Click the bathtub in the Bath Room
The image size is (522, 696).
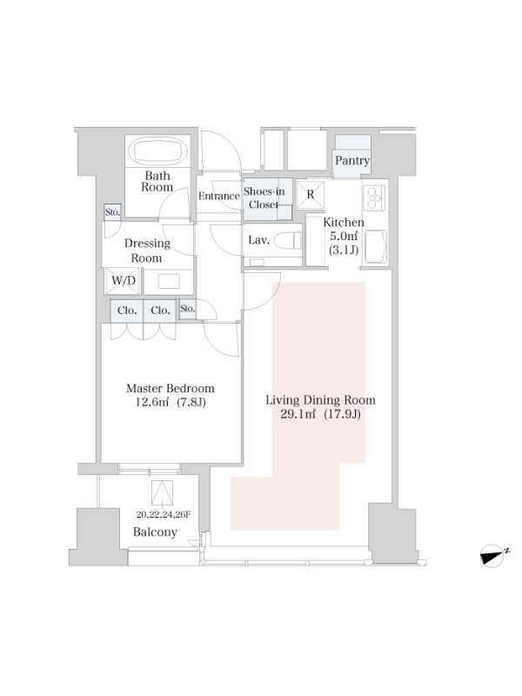click(x=157, y=151)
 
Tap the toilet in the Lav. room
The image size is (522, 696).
click(x=287, y=241)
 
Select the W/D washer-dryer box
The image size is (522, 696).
click(x=123, y=280)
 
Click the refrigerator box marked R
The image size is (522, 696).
click(x=311, y=194)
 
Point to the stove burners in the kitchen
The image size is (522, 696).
click(x=374, y=197)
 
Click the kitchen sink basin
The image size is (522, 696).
click(x=375, y=246)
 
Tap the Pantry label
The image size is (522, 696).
click(x=352, y=160)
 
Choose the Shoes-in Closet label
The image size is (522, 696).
click(x=264, y=198)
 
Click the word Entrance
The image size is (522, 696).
click(x=219, y=196)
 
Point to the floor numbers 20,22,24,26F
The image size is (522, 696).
click(x=164, y=515)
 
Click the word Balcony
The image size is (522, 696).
click(x=155, y=532)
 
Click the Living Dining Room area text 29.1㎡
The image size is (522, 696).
click(x=298, y=415)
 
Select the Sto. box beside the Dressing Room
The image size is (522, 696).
click(x=112, y=212)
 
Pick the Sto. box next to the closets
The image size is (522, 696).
click(x=187, y=308)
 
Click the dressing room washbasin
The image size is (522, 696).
click(x=169, y=281)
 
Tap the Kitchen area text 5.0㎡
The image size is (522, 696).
click(x=343, y=236)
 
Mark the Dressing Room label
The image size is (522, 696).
click(x=147, y=251)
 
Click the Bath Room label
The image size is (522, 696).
click(x=157, y=181)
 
